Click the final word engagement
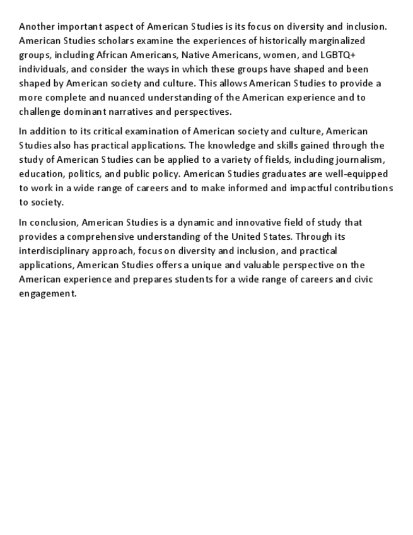47,293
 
